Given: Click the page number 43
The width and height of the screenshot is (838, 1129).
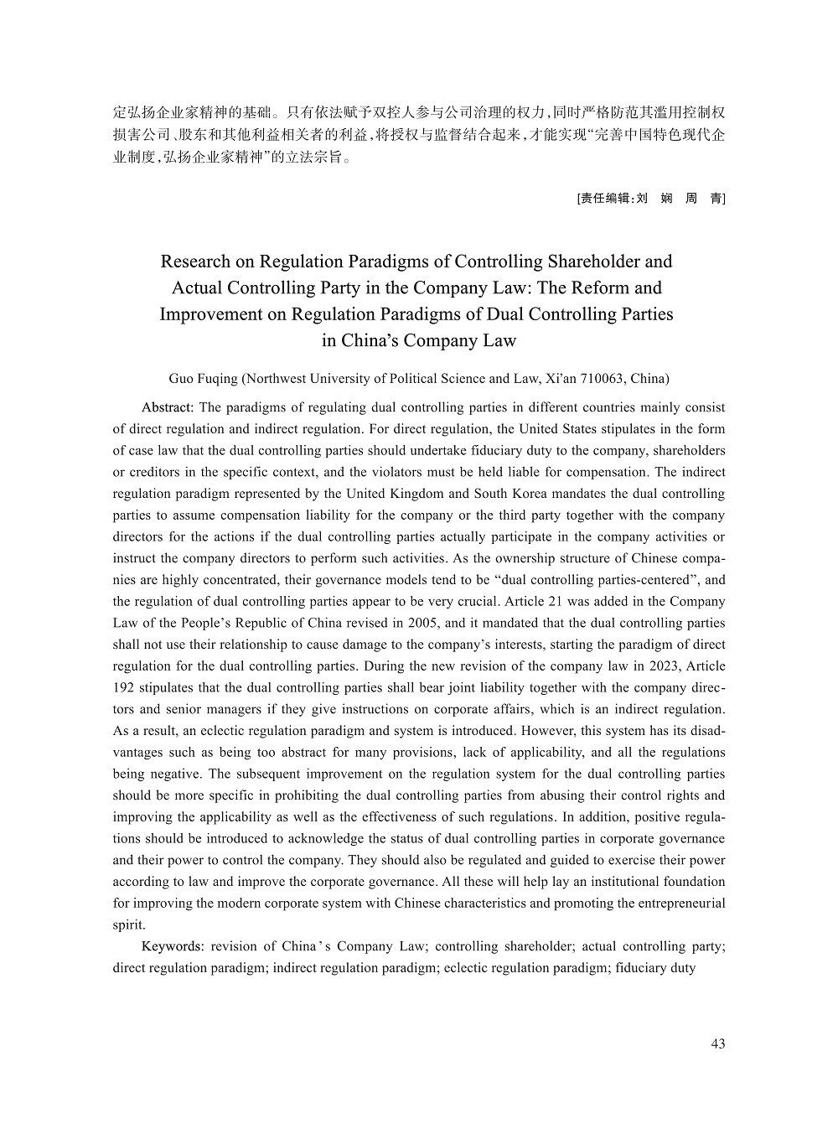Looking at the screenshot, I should coord(717,1044).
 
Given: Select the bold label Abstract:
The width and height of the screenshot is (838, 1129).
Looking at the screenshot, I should coord(168,407).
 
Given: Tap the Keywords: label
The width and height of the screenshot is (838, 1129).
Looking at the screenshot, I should coord(173,946).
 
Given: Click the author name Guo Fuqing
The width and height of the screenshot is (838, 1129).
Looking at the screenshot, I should coord(203,378).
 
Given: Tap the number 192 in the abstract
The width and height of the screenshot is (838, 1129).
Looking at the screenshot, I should coord(124,688).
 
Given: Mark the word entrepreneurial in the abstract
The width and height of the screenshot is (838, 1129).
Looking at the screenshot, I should coord(676,904).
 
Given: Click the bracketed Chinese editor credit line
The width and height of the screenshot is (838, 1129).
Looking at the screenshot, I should coord(650,199).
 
